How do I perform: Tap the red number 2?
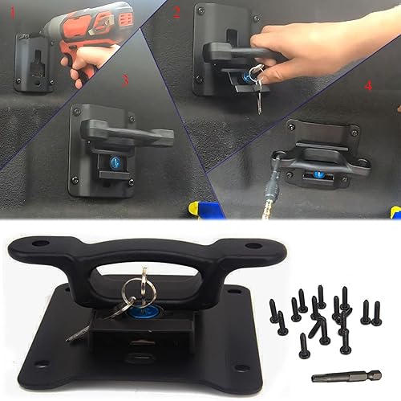[x=177, y=11]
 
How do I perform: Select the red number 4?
[x=367, y=84]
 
